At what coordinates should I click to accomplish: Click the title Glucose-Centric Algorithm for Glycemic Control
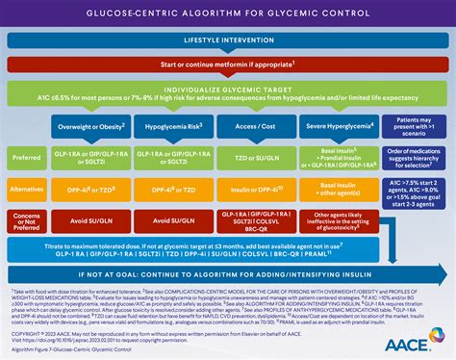[x=228, y=13]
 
